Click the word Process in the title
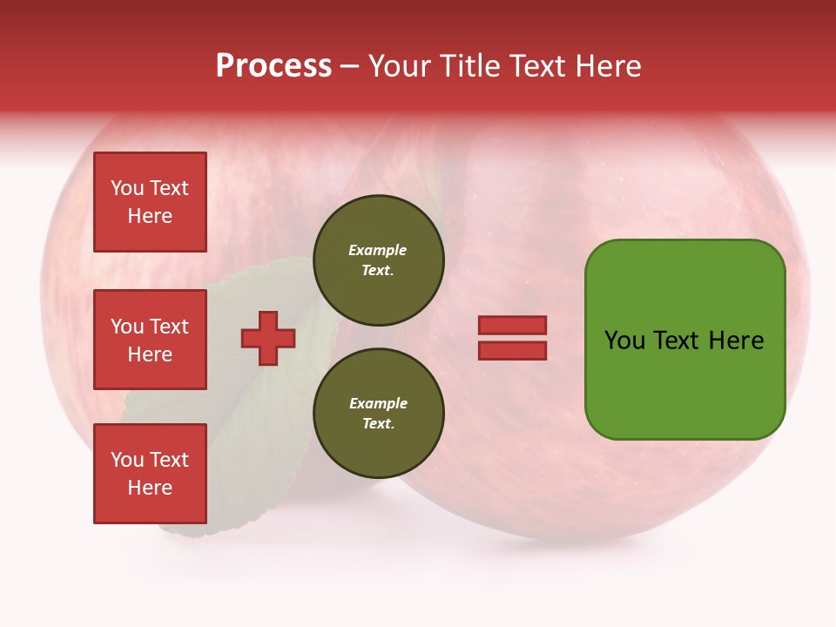coord(273,66)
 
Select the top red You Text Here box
coord(150,202)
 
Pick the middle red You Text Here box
coord(150,340)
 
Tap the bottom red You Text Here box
coord(150,474)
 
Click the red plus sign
coord(268,339)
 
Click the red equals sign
coord(512,338)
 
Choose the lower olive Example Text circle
coord(378,414)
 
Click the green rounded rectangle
coord(684,340)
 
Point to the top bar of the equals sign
coord(512,325)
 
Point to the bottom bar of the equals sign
coord(512,351)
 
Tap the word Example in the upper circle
coord(378,250)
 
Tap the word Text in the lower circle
coord(377,424)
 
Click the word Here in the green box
coord(736,340)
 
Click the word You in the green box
coord(625,340)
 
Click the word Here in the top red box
coord(150,216)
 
